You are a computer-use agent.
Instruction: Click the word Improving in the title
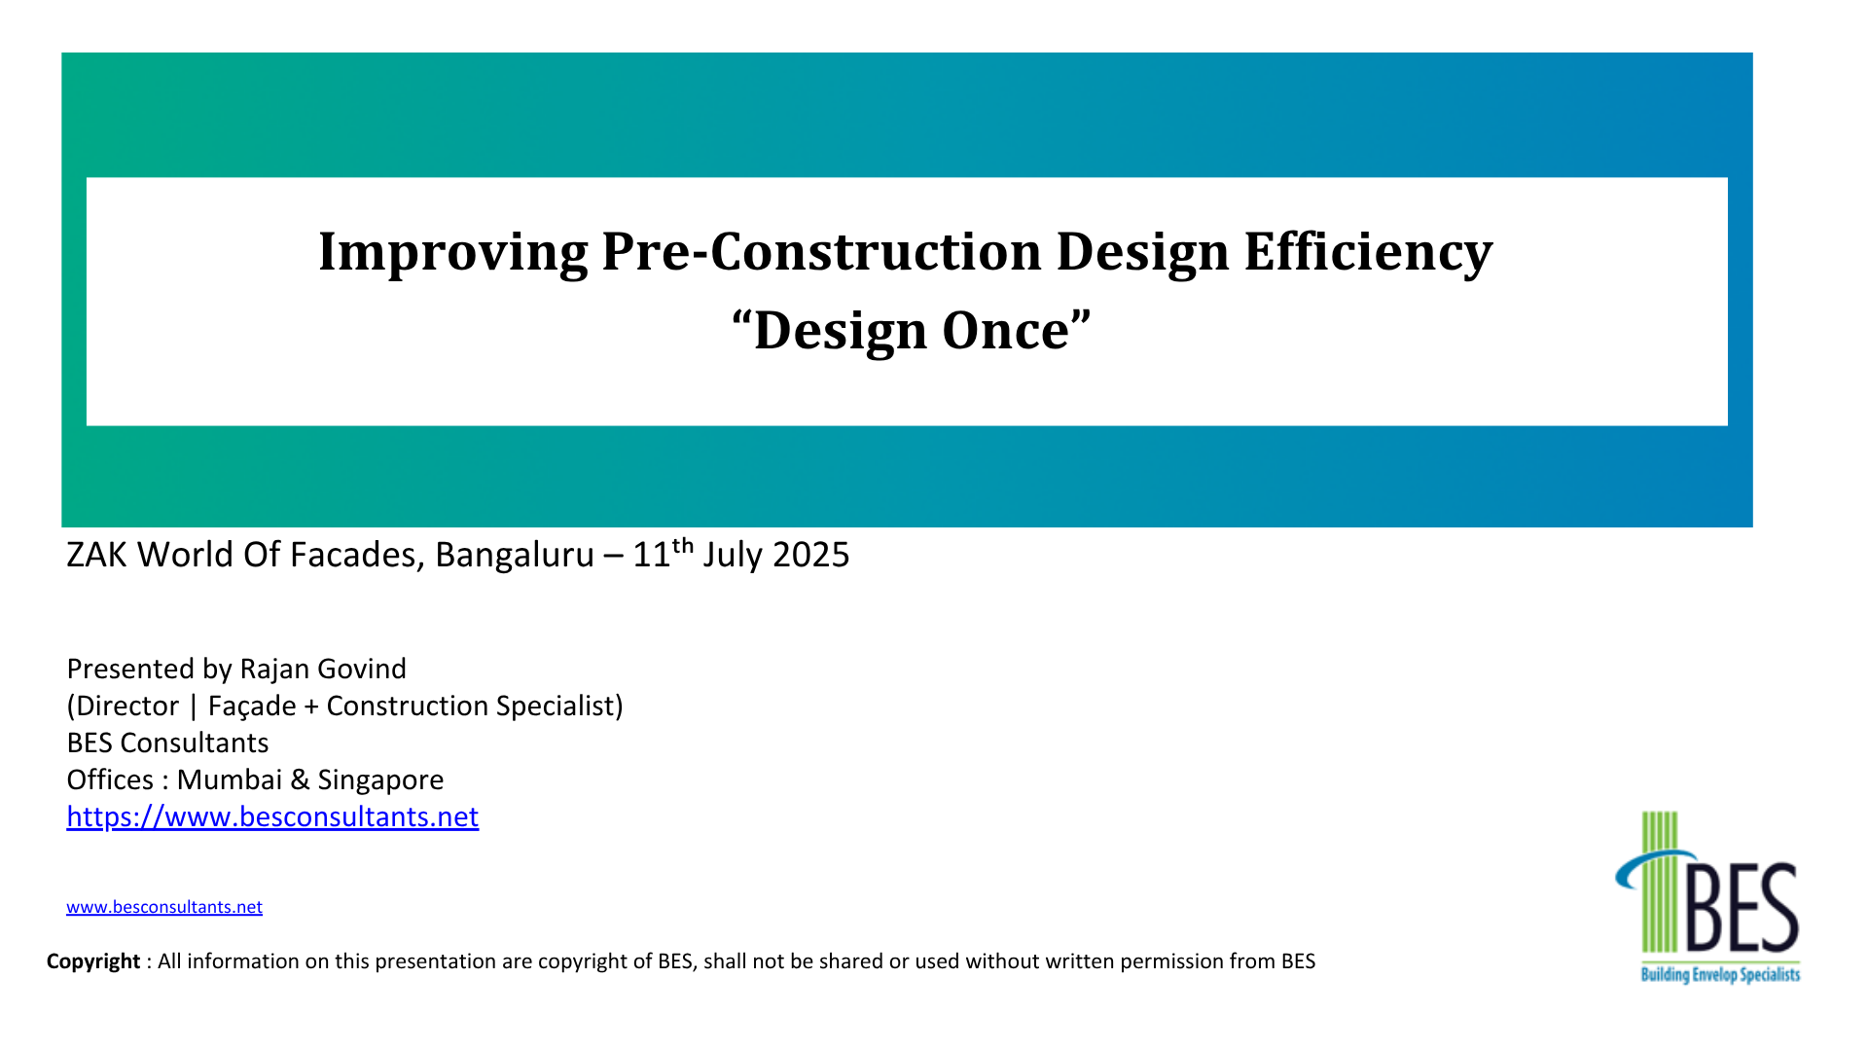(452, 252)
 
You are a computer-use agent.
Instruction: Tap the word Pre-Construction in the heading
(822, 252)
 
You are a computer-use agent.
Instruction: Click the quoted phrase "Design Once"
(912, 331)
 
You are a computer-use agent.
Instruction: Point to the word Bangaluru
(514, 555)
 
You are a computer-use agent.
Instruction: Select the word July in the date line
(734, 555)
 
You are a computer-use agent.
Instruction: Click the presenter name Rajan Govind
(323, 670)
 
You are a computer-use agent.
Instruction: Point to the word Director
(127, 707)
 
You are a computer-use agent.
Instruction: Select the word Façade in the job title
(252, 707)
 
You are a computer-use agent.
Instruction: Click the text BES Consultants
(167, 743)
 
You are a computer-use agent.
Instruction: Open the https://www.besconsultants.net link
(272, 817)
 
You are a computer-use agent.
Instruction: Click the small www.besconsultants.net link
(164, 907)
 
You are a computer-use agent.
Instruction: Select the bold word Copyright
(93, 961)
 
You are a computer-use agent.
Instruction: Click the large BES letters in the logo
(1742, 910)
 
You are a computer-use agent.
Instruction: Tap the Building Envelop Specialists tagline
(1720, 974)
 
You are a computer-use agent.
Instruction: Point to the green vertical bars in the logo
(1660, 881)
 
